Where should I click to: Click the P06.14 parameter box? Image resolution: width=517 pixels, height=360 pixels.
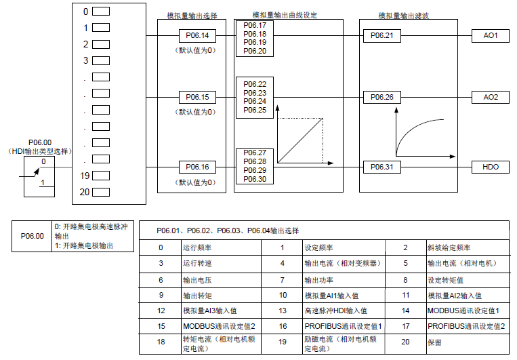197,36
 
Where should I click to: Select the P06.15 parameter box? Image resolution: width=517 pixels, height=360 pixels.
197,97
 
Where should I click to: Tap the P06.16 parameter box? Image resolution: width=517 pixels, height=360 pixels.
197,167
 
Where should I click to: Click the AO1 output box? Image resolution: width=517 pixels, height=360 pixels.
491,36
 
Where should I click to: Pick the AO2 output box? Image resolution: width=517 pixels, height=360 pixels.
491,97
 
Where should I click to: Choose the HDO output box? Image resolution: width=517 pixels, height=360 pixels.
491,167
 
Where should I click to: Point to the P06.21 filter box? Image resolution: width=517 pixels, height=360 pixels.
381,36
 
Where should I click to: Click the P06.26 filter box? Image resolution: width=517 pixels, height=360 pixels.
381,97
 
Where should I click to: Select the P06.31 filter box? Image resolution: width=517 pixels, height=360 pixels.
381,167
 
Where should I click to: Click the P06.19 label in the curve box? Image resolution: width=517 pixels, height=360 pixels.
255,42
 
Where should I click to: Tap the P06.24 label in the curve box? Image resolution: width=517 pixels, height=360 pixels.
255,101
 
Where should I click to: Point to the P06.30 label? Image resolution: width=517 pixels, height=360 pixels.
255,179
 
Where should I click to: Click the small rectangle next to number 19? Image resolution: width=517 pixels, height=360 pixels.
101,176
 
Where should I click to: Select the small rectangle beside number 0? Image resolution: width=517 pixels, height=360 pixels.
101,12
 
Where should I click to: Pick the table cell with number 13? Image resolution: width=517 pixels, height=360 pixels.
283,311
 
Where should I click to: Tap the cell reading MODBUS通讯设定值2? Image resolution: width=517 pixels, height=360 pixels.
219,326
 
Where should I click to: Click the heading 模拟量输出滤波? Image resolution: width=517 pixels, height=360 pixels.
404,15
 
